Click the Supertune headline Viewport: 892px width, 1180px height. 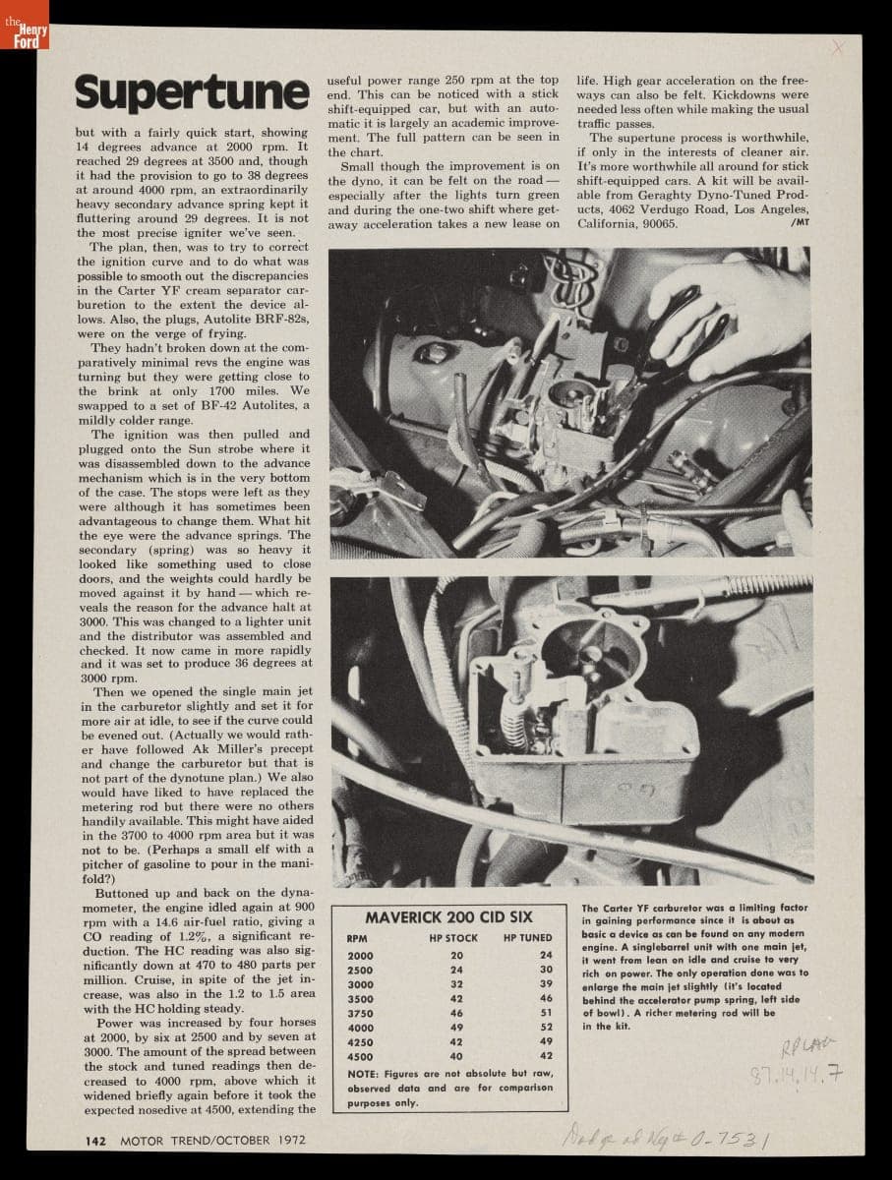click(x=192, y=93)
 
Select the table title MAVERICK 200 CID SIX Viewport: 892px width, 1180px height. click(x=449, y=916)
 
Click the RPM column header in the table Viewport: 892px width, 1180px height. click(x=357, y=938)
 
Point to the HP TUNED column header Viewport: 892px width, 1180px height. click(x=528, y=938)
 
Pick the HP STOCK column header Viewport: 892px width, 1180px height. click(x=453, y=938)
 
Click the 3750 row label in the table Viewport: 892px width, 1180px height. click(x=360, y=1013)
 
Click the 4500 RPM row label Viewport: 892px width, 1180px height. click(x=360, y=1057)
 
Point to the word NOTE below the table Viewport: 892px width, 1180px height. click(x=365, y=1074)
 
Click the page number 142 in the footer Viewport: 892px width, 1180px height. click(x=95, y=1140)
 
